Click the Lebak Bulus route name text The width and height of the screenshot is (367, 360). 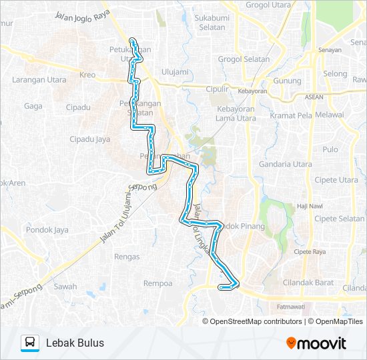tap(75, 343)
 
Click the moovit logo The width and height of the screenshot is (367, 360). tap(316, 343)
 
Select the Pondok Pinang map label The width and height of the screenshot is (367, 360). tap(243, 227)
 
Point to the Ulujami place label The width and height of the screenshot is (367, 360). tap(173, 72)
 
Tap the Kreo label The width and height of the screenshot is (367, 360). tap(87, 75)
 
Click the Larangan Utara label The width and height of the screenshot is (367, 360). tap(39, 80)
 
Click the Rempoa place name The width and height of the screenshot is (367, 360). tap(158, 283)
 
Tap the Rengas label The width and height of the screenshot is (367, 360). tap(127, 257)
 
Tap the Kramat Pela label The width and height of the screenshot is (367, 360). tap(290, 115)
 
